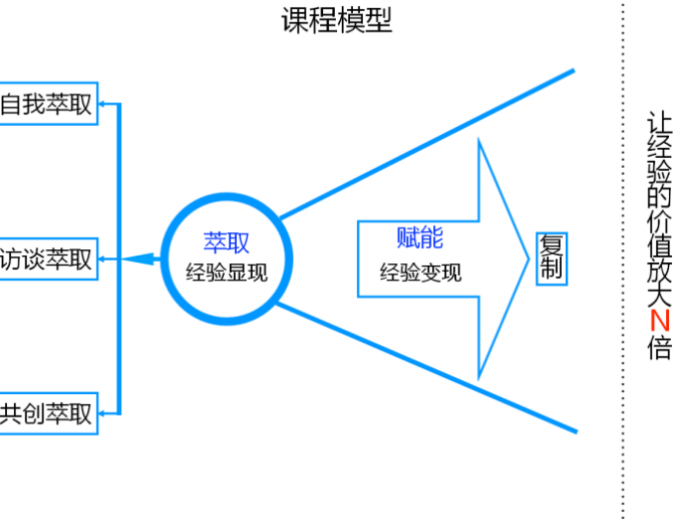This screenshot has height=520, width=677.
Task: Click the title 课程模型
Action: click(337, 21)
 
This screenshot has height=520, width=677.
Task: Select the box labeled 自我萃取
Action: click(48, 104)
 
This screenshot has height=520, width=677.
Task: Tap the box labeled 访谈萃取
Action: click(48, 259)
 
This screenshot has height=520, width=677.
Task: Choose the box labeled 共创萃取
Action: click(48, 413)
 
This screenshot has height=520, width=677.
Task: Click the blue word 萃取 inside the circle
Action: click(226, 242)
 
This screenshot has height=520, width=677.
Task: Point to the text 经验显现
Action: click(227, 271)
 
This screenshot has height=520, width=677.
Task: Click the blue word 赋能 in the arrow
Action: click(419, 238)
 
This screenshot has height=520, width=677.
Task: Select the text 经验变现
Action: click(420, 271)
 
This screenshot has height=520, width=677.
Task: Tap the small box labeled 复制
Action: click(550, 258)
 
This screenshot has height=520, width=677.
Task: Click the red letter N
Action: click(659, 322)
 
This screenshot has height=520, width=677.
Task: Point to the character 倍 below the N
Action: click(659, 348)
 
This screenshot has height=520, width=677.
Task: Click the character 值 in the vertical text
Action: click(659, 243)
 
